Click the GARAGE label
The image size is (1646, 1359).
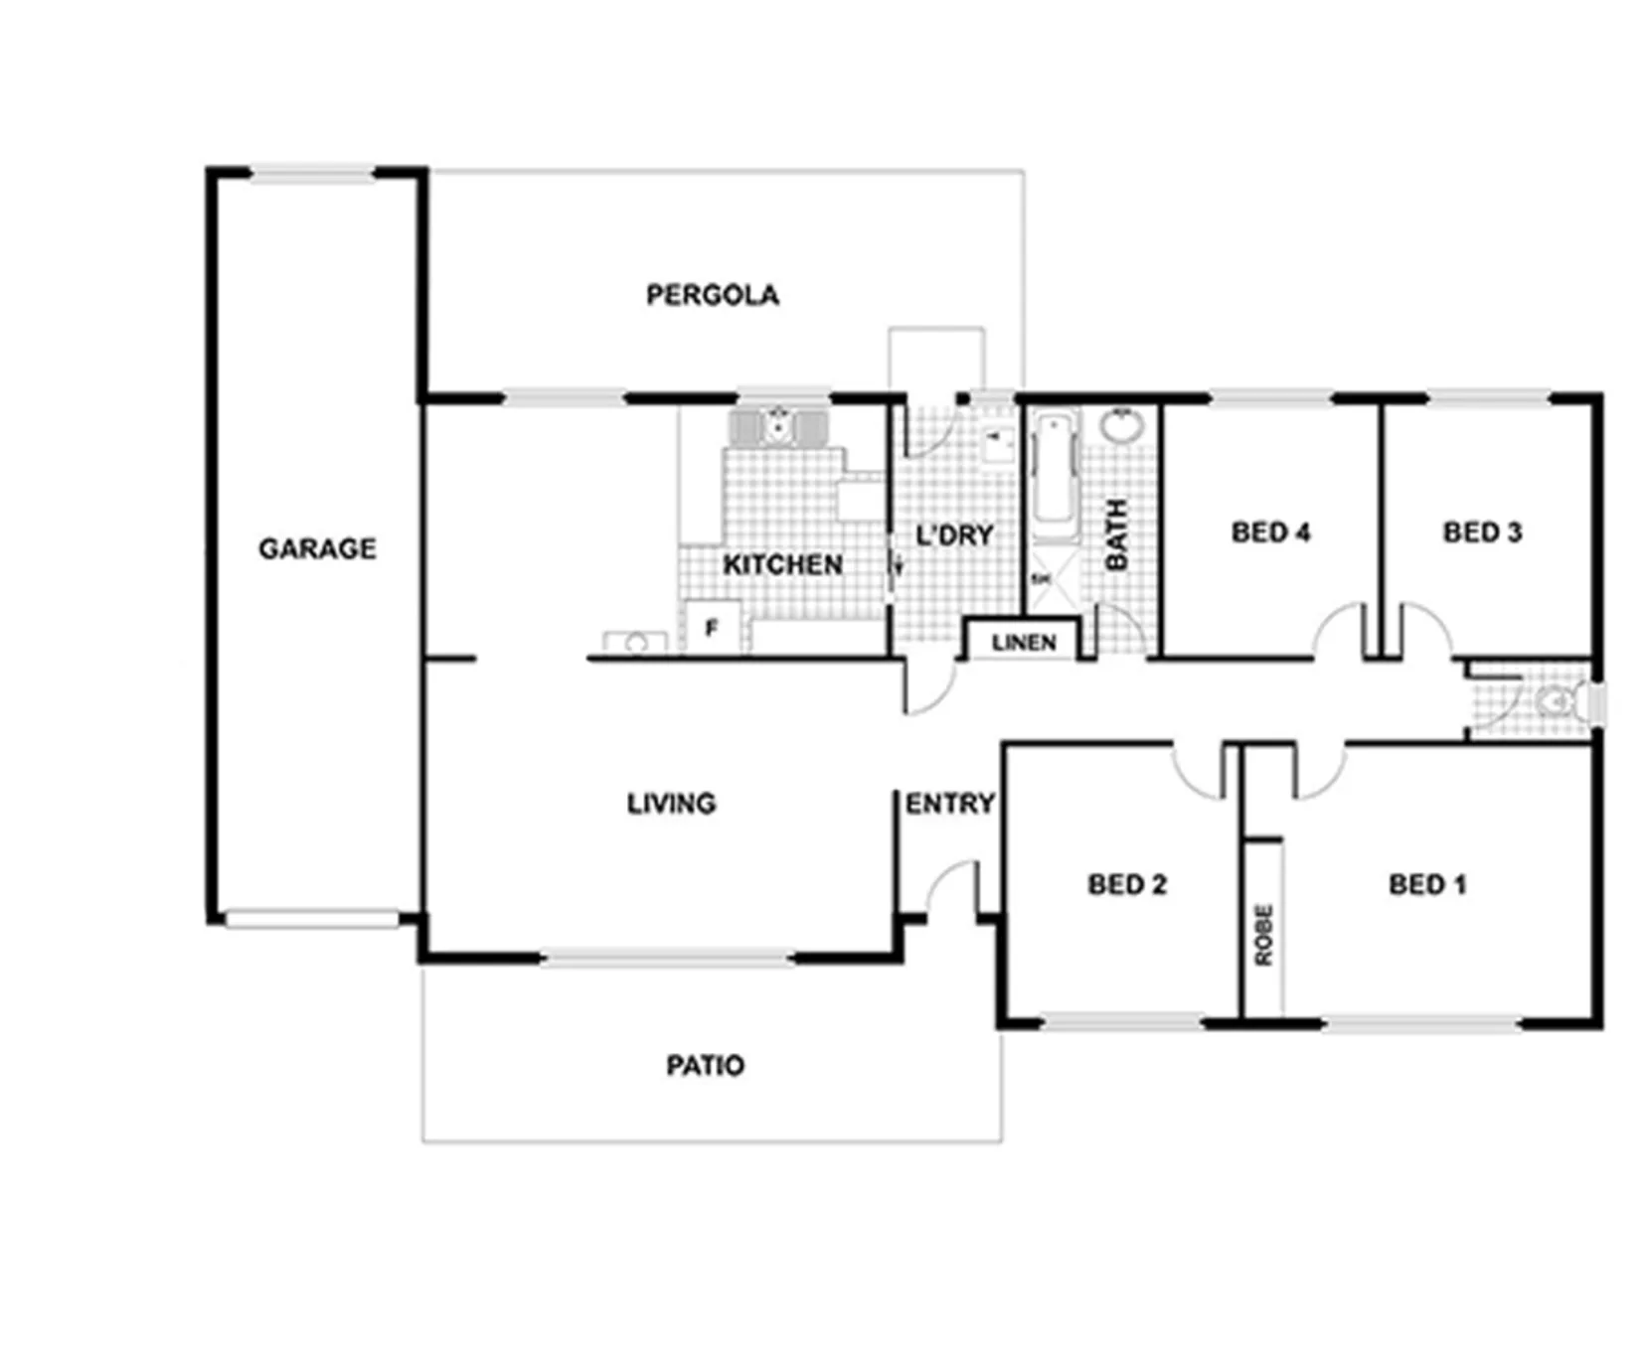(x=317, y=548)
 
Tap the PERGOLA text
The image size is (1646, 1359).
(x=712, y=295)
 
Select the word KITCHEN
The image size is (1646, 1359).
(x=782, y=565)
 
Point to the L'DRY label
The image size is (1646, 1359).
(x=954, y=535)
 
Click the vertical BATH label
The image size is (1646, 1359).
(x=1117, y=534)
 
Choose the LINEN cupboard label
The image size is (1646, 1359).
(x=1024, y=643)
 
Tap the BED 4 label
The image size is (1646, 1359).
(x=1270, y=532)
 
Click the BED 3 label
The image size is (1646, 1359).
(x=1482, y=532)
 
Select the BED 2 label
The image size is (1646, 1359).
(x=1126, y=884)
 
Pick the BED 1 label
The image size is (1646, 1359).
(x=1427, y=884)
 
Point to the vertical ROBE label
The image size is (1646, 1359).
(x=1263, y=935)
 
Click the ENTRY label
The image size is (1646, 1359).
(x=949, y=803)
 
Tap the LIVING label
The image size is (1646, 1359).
(x=671, y=803)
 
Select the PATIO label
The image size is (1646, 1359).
(x=705, y=1066)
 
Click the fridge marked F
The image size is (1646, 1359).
(x=713, y=627)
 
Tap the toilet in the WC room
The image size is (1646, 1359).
(x=1561, y=702)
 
